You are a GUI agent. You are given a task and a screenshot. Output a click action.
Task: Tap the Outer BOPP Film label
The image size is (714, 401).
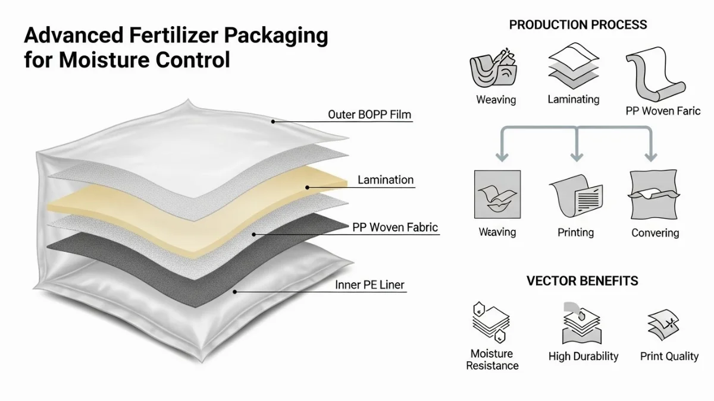(x=369, y=115)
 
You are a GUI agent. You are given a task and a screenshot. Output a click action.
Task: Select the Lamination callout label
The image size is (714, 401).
(x=386, y=179)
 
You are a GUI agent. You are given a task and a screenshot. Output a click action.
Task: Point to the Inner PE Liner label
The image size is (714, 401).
(x=369, y=285)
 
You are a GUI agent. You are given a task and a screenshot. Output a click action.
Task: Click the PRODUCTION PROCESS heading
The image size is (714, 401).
(x=578, y=25)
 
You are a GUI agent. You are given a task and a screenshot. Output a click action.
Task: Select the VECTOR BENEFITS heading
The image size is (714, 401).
(x=583, y=280)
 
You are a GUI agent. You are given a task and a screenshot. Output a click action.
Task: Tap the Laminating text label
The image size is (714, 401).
(x=574, y=99)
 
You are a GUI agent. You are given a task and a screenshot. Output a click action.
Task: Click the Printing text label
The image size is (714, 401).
(x=575, y=232)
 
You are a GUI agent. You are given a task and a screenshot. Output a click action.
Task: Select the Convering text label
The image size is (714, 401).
(x=655, y=233)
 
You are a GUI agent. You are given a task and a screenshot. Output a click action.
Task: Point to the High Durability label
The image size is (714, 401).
(x=583, y=356)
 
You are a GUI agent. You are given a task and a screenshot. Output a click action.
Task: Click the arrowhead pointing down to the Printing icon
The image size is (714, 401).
(x=576, y=157)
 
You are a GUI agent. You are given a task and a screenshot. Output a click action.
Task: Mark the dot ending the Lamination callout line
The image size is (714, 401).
(x=308, y=187)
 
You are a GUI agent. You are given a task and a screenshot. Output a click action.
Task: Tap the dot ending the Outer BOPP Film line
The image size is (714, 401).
(x=273, y=121)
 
